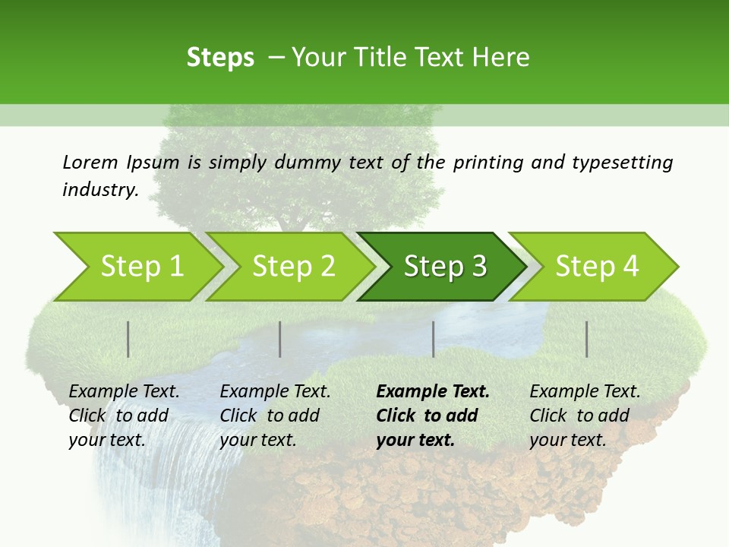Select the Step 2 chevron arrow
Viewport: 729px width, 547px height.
coord(292,267)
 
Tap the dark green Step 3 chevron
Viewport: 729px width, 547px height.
coord(443,267)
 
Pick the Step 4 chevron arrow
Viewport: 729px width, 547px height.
coord(596,267)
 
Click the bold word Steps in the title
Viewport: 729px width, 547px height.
coord(220,57)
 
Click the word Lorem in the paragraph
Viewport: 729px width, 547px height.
coord(90,162)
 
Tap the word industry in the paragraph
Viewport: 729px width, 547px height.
coord(99,190)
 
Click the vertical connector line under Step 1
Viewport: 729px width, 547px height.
coord(128,339)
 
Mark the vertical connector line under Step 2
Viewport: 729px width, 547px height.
coord(280,339)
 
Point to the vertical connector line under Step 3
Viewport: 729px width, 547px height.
coord(433,339)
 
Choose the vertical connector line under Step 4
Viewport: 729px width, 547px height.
coord(586,339)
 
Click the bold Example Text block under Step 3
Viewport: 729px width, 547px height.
coord(433,416)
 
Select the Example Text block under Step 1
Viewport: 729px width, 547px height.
coord(124,416)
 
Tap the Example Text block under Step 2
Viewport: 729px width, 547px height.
coord(275,416)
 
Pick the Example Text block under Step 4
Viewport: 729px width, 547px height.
coord(585,416)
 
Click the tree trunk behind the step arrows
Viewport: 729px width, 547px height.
coord(292,220)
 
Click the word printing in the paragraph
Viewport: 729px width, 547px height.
coord(487,162)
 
